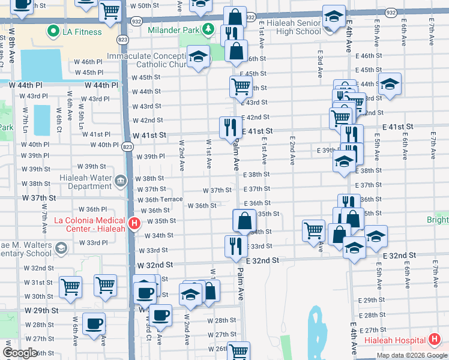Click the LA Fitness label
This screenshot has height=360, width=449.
(83, 31)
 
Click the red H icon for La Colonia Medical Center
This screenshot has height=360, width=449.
(134, 224)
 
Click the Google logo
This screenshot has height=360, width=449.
(20, 352)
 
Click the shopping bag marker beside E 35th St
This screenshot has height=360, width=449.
(244, 220)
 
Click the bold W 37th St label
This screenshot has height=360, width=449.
(39, 197)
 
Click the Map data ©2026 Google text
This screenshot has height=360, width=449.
(411, 355)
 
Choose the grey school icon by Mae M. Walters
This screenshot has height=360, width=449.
(61, 248)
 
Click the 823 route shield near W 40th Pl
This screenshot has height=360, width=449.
(127, 146)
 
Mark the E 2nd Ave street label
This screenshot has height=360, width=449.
(292, 150)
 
